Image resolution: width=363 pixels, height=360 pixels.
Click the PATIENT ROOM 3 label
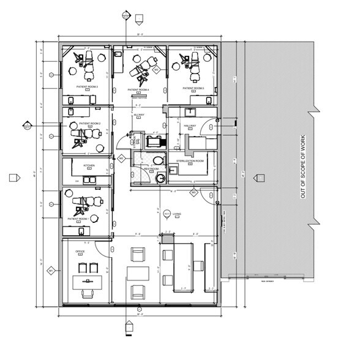[x=88, y=88]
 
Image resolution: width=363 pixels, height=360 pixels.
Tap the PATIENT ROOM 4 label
[x=138, y=90]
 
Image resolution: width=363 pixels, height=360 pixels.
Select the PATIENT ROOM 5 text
[x=192, y=88]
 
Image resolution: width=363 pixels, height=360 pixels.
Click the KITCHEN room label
[x=89, y=165]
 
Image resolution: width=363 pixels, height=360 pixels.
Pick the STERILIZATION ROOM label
[x=189, y=160]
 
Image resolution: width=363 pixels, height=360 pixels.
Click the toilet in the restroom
[x=158, y=161]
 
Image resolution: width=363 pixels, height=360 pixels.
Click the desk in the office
[x=85, y=282]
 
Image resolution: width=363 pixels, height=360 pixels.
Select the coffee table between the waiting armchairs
[x=137, y=273]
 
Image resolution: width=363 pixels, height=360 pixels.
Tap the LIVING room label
[x=176, y=214]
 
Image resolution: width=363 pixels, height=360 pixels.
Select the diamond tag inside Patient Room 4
[x=156, y=71]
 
